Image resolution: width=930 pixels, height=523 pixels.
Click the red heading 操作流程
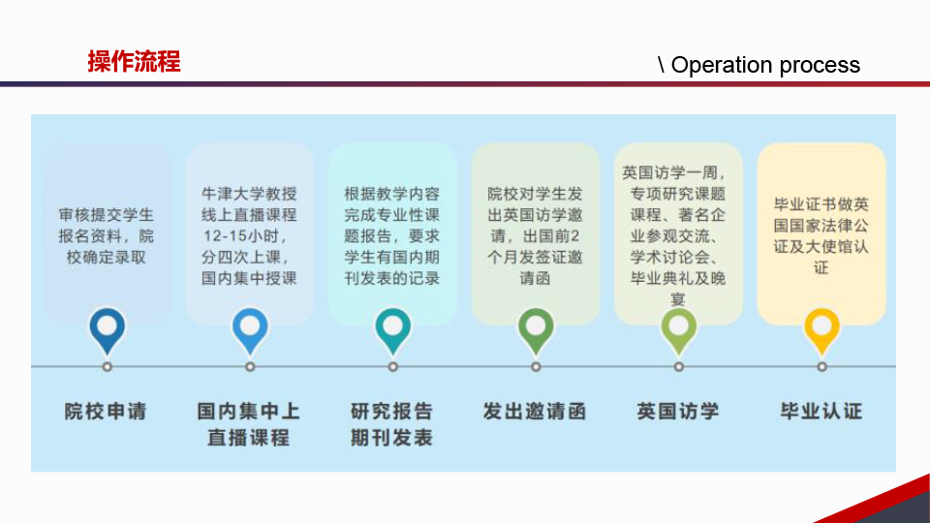click(x=134, y=62)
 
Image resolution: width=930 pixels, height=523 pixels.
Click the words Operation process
click(x=765, y=65)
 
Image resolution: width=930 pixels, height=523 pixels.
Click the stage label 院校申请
click(x=106, y=411)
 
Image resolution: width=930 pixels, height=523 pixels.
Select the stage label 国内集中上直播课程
click(x=249, y=424)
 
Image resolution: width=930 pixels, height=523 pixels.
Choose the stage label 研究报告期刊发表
click(x=391, y=424)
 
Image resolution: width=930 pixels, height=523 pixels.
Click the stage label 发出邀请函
click(x=535, y=411)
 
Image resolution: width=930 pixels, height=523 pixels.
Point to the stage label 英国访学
click(x=678, y=411)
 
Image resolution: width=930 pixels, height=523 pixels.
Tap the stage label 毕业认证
click(x=821, y=411)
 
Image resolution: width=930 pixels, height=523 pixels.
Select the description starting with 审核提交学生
click(x=107, y=235)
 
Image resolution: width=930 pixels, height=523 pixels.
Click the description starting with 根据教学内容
click(x=392, y=235)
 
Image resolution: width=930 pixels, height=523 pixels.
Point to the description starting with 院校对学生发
click(x=535, y=235)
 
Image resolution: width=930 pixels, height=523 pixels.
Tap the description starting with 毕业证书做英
click(x=821, y=236)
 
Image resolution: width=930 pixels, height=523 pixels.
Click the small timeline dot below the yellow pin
click(x=821, y=367)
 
